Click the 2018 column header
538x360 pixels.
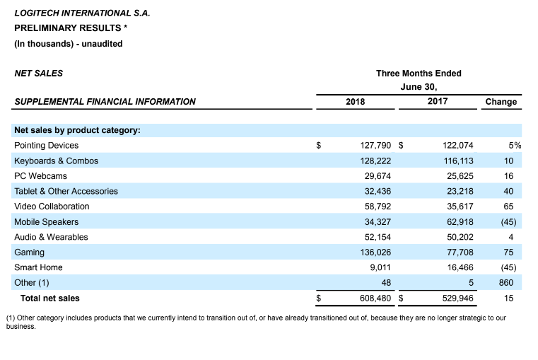click(355, 102)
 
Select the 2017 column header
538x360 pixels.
click(438, 101)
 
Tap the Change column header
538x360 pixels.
click(501, 102)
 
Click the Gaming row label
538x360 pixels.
click(29, 252)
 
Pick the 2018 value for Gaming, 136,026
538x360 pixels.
click(375, 252)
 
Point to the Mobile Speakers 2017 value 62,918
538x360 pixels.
click(460, 222)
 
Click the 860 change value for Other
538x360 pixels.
click(506, 283)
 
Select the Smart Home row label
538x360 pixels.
click(38, 267)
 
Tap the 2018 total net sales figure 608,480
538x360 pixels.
click(375, 298)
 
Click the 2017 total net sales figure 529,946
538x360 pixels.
click(457, 298)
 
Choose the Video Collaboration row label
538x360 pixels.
click(52, 207)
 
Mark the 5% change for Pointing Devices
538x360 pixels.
click(515, 146)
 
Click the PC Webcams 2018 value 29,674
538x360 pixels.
click(378, 176)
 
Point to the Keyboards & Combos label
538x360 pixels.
click(57, 161)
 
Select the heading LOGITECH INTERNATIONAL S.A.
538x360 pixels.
click(82, 13)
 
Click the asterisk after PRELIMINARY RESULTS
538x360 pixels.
click(126, 27)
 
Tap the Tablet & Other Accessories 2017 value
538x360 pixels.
click(460, 191)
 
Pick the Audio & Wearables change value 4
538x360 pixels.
click(511, 237)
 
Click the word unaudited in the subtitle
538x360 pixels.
click(102, 44)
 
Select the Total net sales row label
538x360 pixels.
click(50, 298)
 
